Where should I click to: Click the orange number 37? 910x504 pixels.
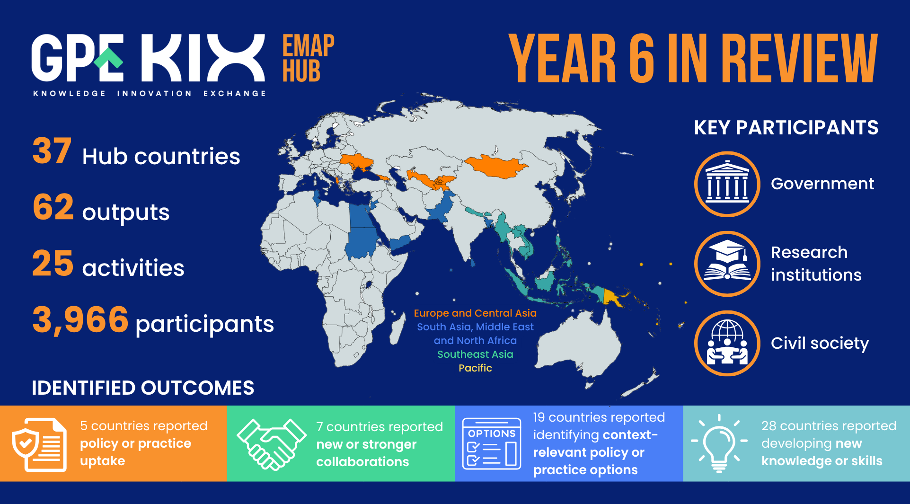click(52, 151)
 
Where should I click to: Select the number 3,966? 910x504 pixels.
click(80, 320)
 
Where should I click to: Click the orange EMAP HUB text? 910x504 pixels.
click(308, 58)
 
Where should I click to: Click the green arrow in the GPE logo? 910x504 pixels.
click(108, 58)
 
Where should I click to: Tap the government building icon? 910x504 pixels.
click(727, 184)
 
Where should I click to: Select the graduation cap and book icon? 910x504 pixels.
click(727, 264)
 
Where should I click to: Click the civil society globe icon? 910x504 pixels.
click(727, 343)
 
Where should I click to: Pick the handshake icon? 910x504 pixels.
click(272, 444)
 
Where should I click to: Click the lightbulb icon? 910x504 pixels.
click(719, 443)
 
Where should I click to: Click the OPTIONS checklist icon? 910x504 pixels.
click(492, 443)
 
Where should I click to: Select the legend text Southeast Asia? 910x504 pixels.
click(475, 354)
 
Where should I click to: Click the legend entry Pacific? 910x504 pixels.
click(475, 368)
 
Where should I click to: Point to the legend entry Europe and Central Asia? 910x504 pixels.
click(475, 313)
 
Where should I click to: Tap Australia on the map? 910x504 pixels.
click(580, 343)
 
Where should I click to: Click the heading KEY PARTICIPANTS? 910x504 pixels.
click(786, 127)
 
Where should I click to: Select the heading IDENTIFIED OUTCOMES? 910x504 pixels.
click(143, 388)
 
